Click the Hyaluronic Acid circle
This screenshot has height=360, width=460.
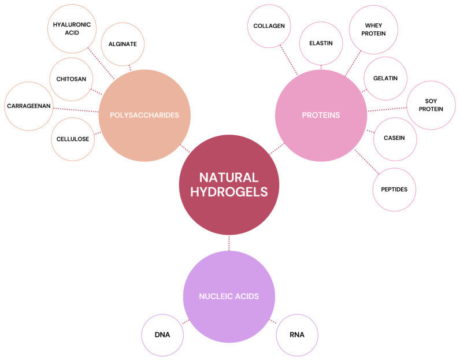point(72,28)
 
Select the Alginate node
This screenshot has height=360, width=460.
point(123,44)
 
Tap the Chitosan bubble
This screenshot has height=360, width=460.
point(71,79)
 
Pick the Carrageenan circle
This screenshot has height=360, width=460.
point(29,106)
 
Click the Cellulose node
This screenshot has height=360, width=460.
point(73,139)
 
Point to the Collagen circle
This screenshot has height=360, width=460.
point(269,26)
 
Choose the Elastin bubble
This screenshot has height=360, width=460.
point(321,43)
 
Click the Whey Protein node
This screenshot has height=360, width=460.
point(373,29)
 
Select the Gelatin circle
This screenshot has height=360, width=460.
point(385,79)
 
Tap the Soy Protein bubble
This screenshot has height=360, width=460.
point(431,105)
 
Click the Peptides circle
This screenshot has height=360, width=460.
point(394,190)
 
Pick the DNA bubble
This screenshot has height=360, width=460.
point(162,335)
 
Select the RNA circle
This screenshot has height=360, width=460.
point(297,335)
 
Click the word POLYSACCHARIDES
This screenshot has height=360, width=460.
point(144,115)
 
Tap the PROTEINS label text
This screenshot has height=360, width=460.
point(321,115)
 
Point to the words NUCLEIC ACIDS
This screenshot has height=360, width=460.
point(229,296)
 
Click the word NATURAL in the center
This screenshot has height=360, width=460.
point(229,177)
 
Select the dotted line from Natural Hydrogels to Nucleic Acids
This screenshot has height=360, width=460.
point(229,243)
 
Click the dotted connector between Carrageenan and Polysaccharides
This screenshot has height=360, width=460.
point(76,110)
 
